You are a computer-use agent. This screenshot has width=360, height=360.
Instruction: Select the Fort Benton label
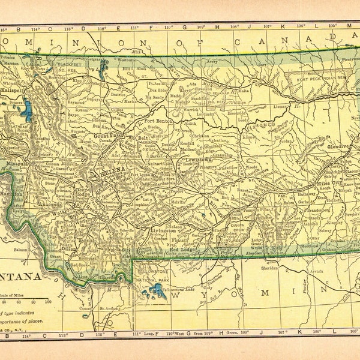point(160,121)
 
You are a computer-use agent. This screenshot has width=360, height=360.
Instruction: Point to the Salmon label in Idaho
point(21,250)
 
